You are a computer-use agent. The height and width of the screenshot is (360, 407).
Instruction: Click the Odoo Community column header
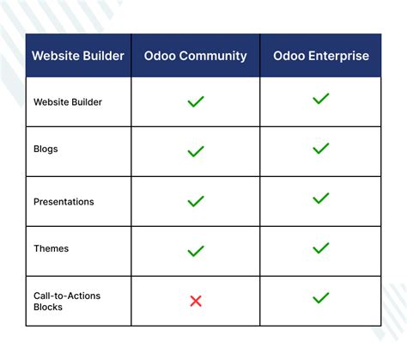(195, 57)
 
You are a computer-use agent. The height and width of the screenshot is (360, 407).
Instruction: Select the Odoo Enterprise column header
(321, 57)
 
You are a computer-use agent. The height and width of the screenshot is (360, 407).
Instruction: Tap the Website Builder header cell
(78, 57)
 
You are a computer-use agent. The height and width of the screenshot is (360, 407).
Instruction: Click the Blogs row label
(46, 149)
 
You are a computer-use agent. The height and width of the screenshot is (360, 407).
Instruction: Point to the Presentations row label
(64, 202)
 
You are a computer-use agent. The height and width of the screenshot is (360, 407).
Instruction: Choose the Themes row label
(51, 248)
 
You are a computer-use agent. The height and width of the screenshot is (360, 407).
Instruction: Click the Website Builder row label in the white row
(68, 101)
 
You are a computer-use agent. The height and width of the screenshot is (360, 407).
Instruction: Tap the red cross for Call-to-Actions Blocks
(196, 301)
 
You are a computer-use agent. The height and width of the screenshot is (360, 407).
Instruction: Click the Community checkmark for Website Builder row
(196, 101)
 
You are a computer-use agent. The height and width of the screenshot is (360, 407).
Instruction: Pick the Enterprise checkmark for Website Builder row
(321, 99)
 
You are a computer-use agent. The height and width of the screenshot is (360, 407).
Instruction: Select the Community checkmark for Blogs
(196, 151)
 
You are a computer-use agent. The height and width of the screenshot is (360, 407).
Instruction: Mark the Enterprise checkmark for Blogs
(321, 149)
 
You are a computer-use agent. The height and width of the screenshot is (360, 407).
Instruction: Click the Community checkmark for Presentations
(196, 201)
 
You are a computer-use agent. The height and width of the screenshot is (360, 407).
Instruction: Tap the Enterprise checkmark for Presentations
(321, 198)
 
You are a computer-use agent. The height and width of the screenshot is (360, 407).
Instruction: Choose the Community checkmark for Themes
(196, 251)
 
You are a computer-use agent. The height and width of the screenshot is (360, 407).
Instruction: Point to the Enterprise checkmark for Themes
(321, 248)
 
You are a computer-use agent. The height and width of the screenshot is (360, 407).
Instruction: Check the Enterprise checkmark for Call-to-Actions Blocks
(321, 298)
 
